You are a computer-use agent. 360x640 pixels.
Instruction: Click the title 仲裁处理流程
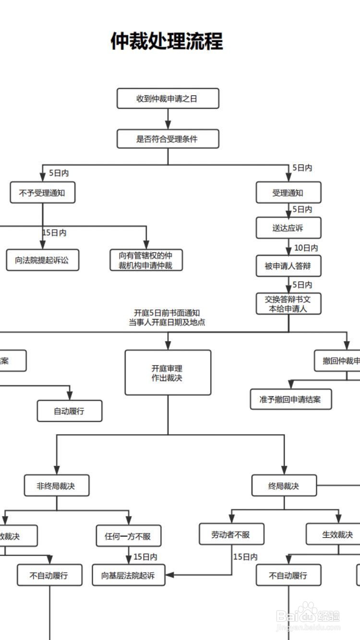click(167, 41)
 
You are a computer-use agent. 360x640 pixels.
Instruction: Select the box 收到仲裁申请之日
click(168, 98)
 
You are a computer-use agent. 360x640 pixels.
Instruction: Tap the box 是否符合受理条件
click(168, 139)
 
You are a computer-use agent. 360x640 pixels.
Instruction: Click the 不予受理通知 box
click(43, 193)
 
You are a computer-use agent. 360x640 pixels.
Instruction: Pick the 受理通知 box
click(288, 192)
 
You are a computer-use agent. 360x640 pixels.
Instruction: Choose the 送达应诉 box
click(288, 228)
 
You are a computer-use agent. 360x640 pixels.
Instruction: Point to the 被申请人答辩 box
click(288, 266)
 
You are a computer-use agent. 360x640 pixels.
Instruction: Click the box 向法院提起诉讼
click(43, 260)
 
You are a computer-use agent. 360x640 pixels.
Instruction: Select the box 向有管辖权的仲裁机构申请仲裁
click(146, 260)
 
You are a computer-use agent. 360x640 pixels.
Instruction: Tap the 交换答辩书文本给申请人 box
click(288, 304)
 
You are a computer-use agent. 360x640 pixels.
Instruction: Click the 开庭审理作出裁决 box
click(168, 373)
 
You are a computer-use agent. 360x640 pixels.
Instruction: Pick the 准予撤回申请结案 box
click(291, 399)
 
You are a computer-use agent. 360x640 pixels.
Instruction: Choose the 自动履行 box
click(70, 411)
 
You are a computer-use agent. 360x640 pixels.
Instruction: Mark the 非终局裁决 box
click(57, 486)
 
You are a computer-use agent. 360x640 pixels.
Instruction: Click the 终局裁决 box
click(284, 486)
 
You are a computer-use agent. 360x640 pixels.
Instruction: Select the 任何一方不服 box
click(129, 536)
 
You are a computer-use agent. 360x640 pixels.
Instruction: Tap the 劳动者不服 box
click(231, 534)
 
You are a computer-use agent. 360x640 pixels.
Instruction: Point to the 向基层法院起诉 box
click(129, 575)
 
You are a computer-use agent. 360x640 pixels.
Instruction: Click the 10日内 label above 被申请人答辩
click(306, 248)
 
